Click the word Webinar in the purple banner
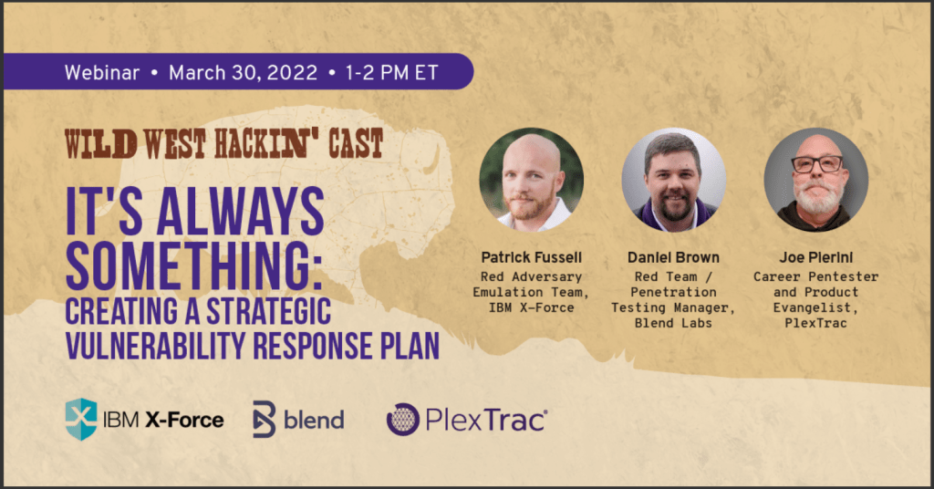click(102, 73)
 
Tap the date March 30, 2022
click(243, 73)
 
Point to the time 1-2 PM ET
click(392, 73)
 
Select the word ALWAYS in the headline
click(240, 212)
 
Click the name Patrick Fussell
click(532, 257)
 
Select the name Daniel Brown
click(673, 257)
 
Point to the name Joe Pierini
click(816, 257)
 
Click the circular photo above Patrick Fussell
click(532, 180)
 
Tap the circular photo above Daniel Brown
click(674, 180)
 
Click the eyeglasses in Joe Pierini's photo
click(816, 164)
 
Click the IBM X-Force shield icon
click(81, 420)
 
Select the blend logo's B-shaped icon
click(264, 420)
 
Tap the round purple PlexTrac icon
click(402, 420)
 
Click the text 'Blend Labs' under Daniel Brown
click(673, 324)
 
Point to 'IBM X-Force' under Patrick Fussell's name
click(532, 308)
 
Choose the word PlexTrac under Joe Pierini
click(815, 324)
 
